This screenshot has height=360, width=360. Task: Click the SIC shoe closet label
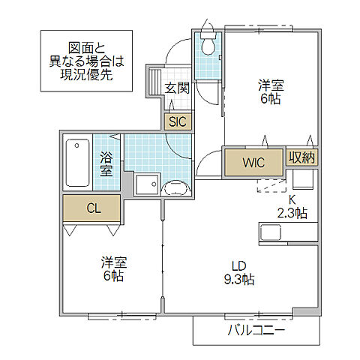[x=178, y=121]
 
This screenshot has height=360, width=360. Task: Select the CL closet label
[x=92, y=208]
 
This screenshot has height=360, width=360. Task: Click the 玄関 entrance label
[x=178, y=88]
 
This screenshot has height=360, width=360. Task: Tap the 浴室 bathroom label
[x=107, y=163]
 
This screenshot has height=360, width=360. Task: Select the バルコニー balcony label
[x=256, y=330]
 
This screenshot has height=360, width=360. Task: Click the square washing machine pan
[x=146, y=184]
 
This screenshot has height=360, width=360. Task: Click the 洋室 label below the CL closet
[x=114, y=262]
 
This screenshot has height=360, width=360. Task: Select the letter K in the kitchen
[x=293, y=199]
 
